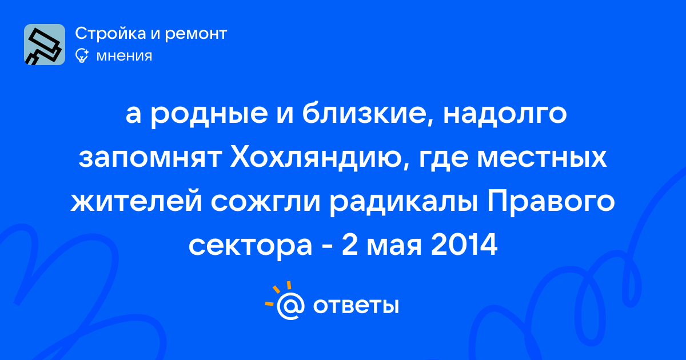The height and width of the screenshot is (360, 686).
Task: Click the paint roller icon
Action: (45, 45)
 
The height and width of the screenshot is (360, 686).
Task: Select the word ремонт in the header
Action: (196, 34)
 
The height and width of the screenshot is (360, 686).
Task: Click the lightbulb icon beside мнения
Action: (82, 55)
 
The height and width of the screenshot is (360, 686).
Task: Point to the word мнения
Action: (124, 57)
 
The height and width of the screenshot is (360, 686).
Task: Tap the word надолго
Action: (505, 114)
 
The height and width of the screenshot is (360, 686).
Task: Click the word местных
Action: (542, 159)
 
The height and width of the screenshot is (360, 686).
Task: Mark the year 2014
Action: (464, 245)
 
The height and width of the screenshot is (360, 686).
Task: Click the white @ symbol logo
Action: (290, 306)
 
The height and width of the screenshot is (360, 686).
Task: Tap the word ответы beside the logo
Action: (356, 306)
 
